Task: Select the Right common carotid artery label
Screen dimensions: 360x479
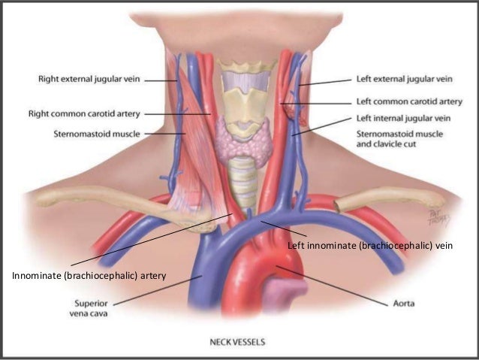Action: [x=84, y=114]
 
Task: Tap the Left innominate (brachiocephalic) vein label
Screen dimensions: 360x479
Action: [x=371, y=246]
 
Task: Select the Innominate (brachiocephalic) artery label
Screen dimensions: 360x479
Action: [x=88, y=277]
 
